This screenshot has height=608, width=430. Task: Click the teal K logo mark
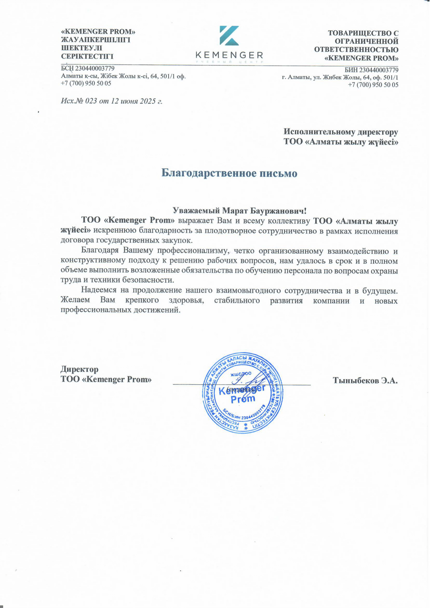click(229, 36)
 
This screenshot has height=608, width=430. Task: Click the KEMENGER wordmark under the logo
click(229, 55)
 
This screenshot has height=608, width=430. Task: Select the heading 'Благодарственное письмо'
click(229, 173)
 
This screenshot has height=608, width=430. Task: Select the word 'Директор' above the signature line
click(79, 369)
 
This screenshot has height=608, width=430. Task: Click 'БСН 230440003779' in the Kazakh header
click(88, 69)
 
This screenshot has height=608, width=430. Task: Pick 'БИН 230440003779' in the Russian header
click(371, 70)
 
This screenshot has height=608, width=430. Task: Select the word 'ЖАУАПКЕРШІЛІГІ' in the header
click(96, 40)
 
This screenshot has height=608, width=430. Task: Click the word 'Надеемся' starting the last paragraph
click(98, 290)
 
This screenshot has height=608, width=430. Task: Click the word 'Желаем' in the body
click(75, 300)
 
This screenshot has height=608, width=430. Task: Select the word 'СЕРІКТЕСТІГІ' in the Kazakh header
click(87, 56)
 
